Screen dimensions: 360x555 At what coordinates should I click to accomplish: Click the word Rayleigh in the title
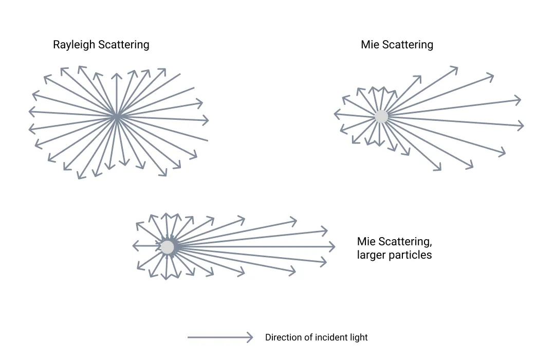click(74, 45)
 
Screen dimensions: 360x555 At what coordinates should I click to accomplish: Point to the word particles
click(411, 255)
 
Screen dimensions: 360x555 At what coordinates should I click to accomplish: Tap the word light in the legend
click(359, 337)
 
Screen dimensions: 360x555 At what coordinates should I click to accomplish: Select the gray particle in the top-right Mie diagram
click(381, 116)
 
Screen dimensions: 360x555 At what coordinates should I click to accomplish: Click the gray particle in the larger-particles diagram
click(167, 247)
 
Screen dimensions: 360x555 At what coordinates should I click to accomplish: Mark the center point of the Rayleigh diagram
click(117, 118)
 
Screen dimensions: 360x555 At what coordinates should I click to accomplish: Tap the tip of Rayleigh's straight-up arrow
click(117, 75)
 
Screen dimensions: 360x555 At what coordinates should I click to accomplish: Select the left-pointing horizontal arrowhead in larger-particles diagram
click(134, 245)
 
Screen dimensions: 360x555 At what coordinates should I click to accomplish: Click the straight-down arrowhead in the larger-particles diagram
click(165, 278)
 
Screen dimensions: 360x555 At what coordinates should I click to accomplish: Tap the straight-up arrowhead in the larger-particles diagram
click(166, 213)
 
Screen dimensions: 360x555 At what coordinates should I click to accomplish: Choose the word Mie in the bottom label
click(366, 242)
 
